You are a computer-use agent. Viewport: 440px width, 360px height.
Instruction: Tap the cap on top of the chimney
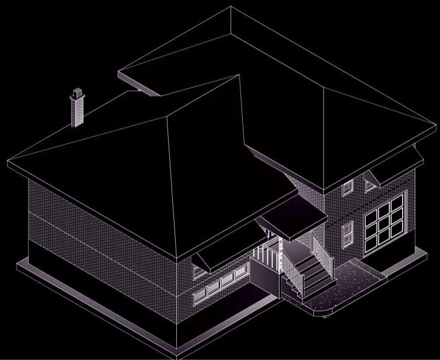76,92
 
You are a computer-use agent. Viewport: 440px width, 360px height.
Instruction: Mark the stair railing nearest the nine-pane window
322,251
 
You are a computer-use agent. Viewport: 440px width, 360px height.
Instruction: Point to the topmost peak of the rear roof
231,7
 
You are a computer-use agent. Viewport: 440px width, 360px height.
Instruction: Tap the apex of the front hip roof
238,76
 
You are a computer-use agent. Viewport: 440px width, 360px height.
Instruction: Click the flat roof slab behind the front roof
140,79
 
